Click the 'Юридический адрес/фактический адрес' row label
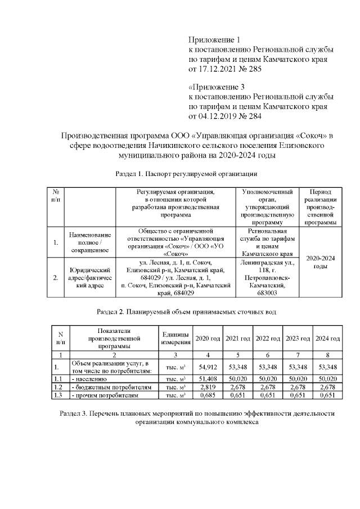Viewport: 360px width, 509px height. [x=89, y=277]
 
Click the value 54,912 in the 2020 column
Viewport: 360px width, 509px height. [x=208, y=368]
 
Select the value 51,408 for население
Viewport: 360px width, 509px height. [x=208, y=380]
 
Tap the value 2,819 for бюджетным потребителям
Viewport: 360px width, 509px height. [x=208, y=388]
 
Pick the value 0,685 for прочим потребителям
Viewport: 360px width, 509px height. [x=208, y=396]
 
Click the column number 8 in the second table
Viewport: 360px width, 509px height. [x=327, y=355]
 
